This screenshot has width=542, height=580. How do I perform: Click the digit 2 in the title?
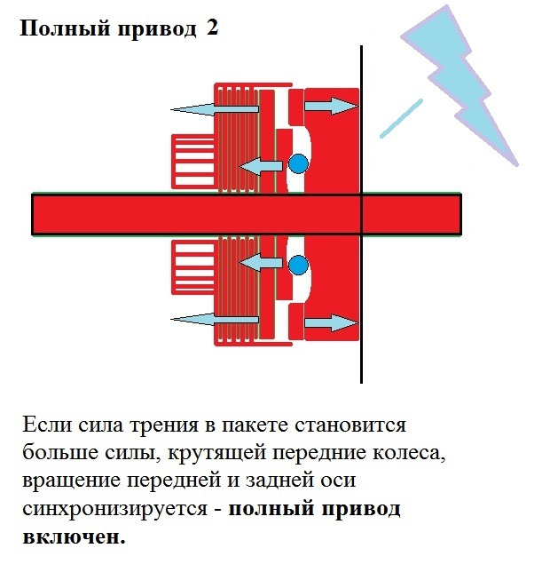pyautogui.click(x=212, y=28)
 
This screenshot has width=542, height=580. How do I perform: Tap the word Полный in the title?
pyautogui.click(x=65, y=28)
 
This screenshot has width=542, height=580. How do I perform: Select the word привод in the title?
pyautogui.click(x=157, y=29)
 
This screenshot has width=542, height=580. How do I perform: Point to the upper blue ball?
pyautogui.click(x=298, y=163)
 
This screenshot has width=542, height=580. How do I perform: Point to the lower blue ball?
pyautogui.click(x=298, y=265)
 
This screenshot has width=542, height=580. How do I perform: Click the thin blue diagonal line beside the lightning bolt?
pyautogui.click(x=401, y=118)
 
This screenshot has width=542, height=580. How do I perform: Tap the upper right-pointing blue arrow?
pyautogui.click(x=332, y=106)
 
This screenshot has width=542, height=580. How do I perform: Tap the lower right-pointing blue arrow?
pyautogui.click(x=332, y=322)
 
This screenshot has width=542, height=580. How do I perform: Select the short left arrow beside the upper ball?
pyautogui.click(x=261, y=165)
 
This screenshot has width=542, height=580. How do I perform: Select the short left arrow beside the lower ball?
pyautogui.click(x=261, y=262)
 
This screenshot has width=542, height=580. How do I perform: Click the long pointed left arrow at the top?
pyautogui.click(x=215, y=109)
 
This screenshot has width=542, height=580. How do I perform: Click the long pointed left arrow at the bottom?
pyautogui.click(x=215, y=319)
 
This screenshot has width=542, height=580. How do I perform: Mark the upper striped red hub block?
pyautogui.click(x=193, y=162)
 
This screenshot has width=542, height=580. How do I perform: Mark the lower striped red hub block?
pyautogui.click(x=193, y=267)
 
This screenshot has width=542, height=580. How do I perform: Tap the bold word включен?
pyautogui.click(x=74, y=536)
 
